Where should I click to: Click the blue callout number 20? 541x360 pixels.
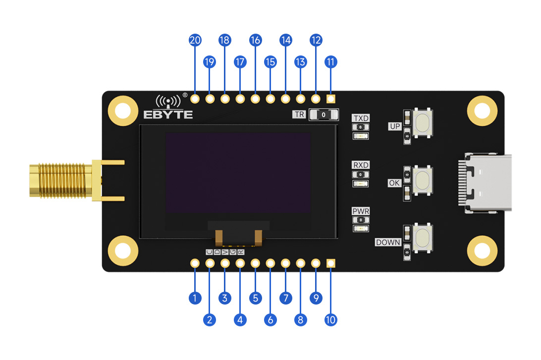[x=195, y=41]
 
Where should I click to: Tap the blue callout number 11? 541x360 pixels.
[x=330, y=62]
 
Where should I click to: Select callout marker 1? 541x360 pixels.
[x=195, y=298]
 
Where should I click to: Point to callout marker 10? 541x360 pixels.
[x=330, y=320]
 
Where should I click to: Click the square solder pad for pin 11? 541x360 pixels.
[x=330, y=99]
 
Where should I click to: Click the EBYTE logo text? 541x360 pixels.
[x=168, y=114]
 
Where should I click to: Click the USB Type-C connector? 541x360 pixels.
[x=486, y=184]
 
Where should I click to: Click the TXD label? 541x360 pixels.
[x=361, y=118]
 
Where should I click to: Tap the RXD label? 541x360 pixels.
[x=361, y=165]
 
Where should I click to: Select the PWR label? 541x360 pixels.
[x=361, y=211]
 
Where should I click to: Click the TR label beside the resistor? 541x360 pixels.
[x=299, y=114]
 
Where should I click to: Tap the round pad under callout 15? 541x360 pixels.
[x=270, y=99]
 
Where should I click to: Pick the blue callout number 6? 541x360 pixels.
[x=270, y=320]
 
